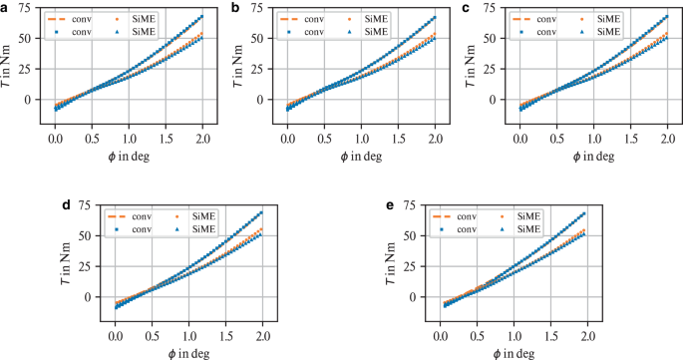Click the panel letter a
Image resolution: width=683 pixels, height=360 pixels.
coord(6,7)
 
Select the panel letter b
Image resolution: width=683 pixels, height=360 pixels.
coord(235,7)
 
